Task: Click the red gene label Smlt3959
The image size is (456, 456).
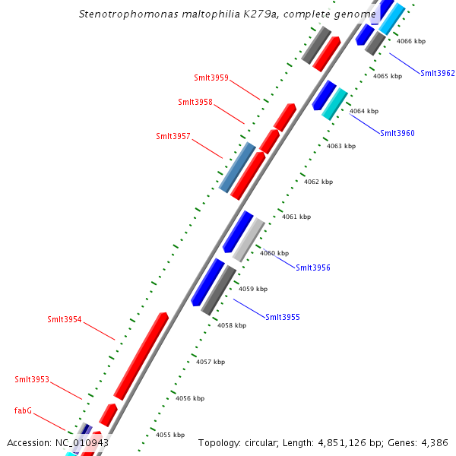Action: pos(211,78)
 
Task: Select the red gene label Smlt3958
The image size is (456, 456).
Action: pos(195,102)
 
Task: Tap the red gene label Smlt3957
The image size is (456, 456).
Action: pos(173,137)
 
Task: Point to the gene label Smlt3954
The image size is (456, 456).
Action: pos(65,320)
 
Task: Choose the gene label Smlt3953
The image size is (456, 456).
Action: pos(32,379)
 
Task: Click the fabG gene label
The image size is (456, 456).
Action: pos(23,410)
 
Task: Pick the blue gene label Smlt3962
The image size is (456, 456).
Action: pos(438,74)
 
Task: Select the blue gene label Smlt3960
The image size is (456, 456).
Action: pos(397,133)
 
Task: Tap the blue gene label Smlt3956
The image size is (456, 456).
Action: pos(313,268)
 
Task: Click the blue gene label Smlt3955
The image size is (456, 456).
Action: pos(283,317)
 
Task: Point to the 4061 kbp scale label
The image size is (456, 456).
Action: pos(296,217)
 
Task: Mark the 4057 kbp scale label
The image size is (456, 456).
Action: pos(211,363)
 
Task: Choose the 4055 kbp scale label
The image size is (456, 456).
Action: pos(170,435)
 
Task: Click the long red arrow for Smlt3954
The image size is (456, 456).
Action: pos(141,355)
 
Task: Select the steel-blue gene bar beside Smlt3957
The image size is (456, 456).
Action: pos(237,166)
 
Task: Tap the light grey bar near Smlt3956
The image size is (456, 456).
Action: pos(249,239)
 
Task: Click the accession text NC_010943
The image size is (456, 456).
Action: pos(81,442)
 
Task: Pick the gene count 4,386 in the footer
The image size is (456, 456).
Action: pos(432,442)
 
